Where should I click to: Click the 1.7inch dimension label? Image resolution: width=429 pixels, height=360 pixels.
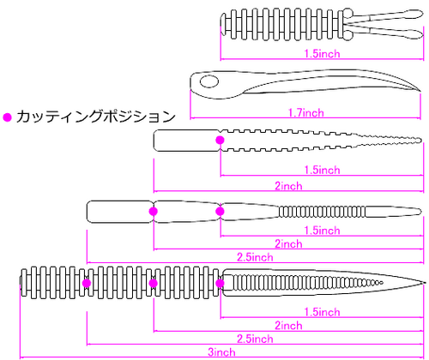coord(306,113)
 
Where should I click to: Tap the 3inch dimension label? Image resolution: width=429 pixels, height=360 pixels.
coord(221,352)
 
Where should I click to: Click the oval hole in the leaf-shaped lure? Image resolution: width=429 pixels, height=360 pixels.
coord(209,81)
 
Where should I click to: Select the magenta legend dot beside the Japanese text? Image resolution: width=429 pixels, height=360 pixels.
coord(7,117)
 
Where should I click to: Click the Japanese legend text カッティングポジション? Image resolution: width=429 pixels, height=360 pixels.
coord(96,117)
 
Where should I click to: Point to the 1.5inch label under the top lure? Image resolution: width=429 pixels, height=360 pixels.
coord(322,54)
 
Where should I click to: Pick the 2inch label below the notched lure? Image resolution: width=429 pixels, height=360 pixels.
coord(288,186)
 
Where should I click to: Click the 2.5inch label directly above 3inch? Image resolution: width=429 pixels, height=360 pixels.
coord(255,339)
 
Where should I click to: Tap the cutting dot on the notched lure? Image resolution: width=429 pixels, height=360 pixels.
coord(220,140)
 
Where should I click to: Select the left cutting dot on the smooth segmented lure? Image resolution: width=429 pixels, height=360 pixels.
coord(154,212)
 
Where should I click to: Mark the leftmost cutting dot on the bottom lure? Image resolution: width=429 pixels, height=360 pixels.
coord(87,283)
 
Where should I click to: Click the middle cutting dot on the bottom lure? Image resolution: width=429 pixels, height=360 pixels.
coord(154,283)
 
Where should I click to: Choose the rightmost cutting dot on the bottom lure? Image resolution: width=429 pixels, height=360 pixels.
coord(220,283)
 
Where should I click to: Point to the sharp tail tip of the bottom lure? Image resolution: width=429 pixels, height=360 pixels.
coord(423,283)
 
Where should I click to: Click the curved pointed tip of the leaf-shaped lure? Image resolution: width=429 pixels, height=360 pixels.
coord(420,91)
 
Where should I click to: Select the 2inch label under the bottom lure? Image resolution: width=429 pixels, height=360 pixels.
coord(288,326)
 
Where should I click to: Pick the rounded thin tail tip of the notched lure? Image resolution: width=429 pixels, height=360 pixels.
coord(420,141)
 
